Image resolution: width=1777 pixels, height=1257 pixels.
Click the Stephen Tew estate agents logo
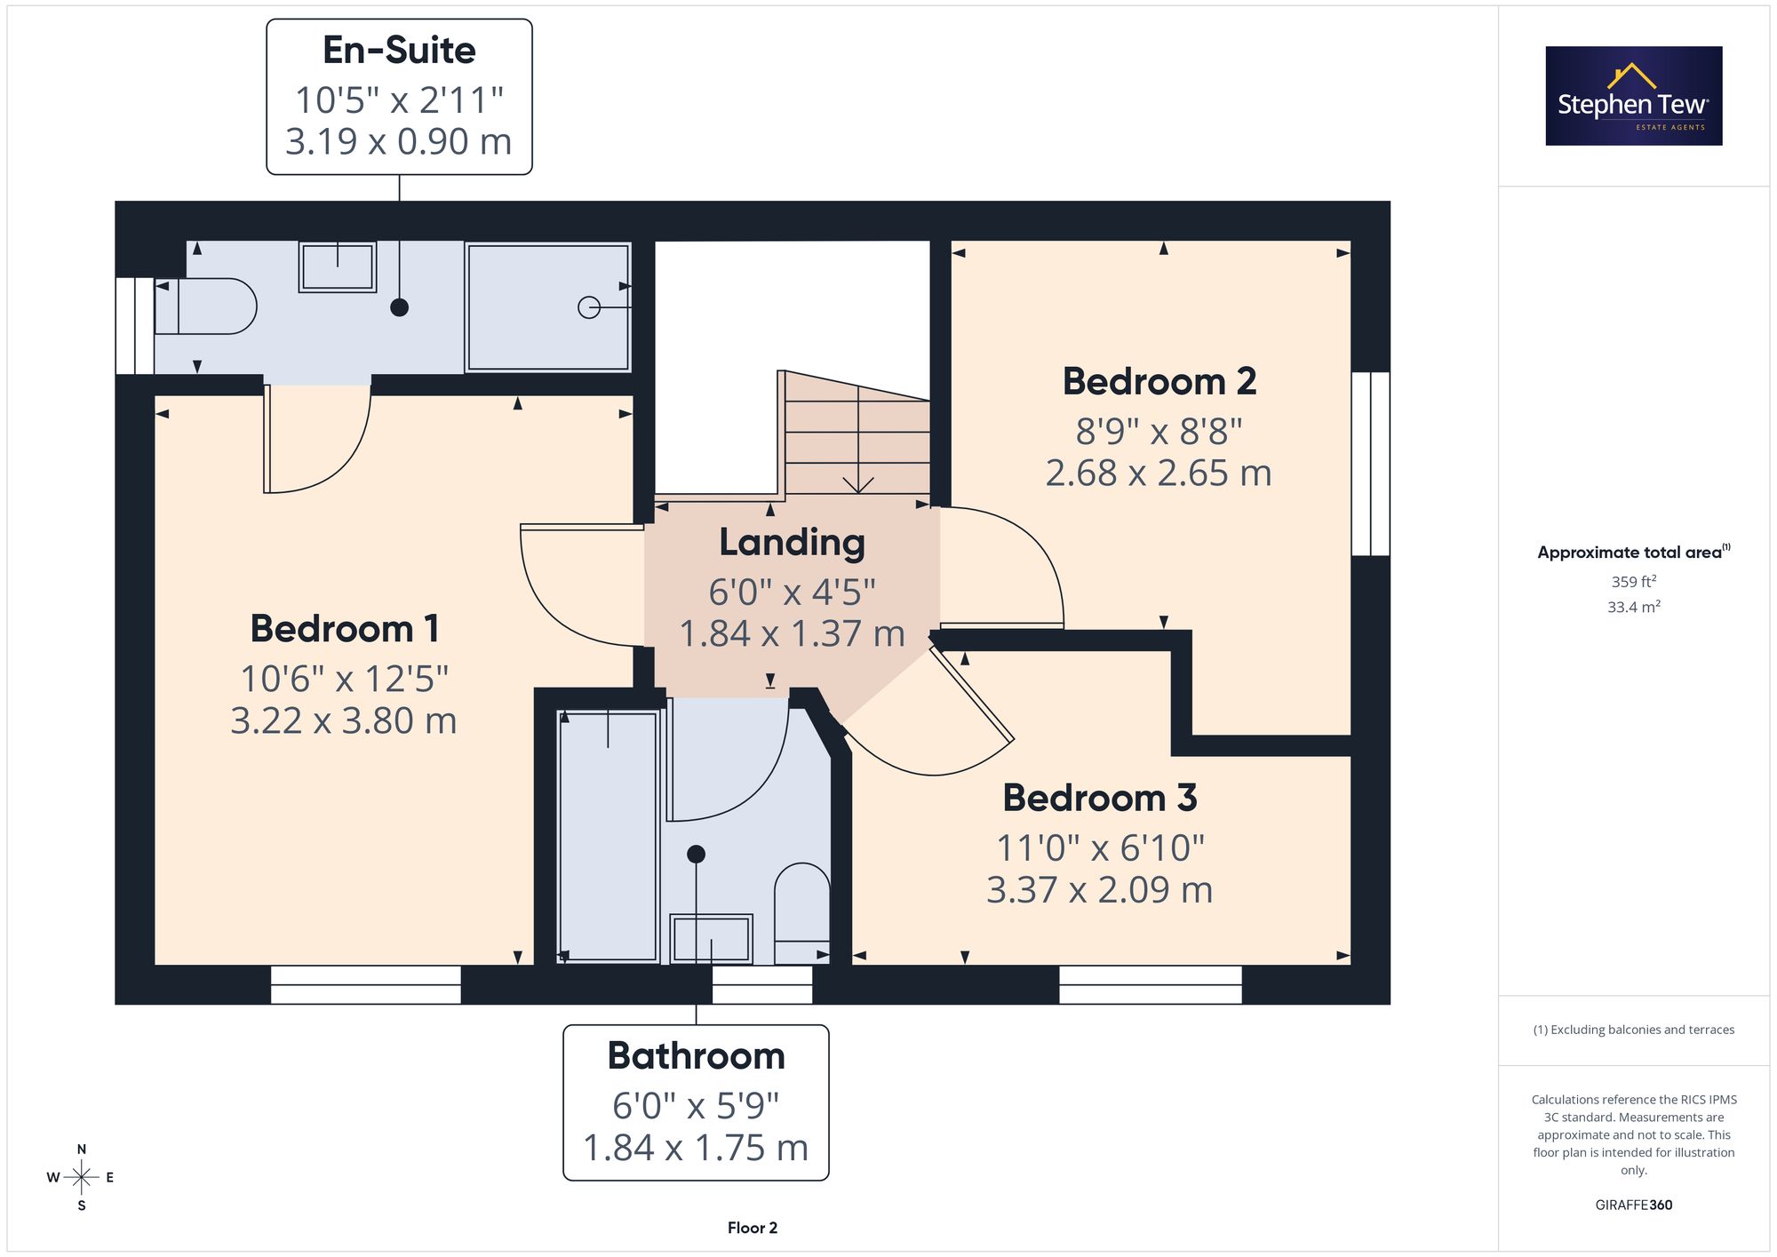[1634, 96]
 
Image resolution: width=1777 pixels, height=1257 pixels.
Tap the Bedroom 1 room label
[345, 629]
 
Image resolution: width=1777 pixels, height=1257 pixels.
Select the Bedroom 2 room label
[1159, 382]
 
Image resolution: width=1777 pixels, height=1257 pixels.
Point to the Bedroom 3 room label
[1100, 798]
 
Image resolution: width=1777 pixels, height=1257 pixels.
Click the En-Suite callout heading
[399, 51]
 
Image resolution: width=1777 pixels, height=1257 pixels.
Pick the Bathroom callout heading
[697, 1056]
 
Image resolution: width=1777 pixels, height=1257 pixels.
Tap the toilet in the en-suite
[205, 307]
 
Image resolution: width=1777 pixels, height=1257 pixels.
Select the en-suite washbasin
[338, 267]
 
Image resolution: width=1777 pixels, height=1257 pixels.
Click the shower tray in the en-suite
[548, 307]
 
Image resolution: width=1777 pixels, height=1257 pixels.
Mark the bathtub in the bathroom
[609, 836]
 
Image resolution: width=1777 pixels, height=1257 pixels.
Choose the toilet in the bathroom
[802, 913]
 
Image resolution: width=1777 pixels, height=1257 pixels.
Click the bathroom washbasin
[711, 939]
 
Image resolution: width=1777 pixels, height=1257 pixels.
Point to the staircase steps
[857, 435]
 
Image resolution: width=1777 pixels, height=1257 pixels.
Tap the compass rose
[81, 1178]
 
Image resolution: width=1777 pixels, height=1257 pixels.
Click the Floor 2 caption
[753, 1228]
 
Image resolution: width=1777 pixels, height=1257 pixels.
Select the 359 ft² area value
[1634, 582]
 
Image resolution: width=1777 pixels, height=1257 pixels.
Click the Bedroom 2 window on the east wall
[1371, 464]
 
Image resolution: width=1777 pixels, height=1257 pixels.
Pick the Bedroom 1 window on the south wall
[366, 985]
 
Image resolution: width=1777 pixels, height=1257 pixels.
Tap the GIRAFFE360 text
[1634, 1205]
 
